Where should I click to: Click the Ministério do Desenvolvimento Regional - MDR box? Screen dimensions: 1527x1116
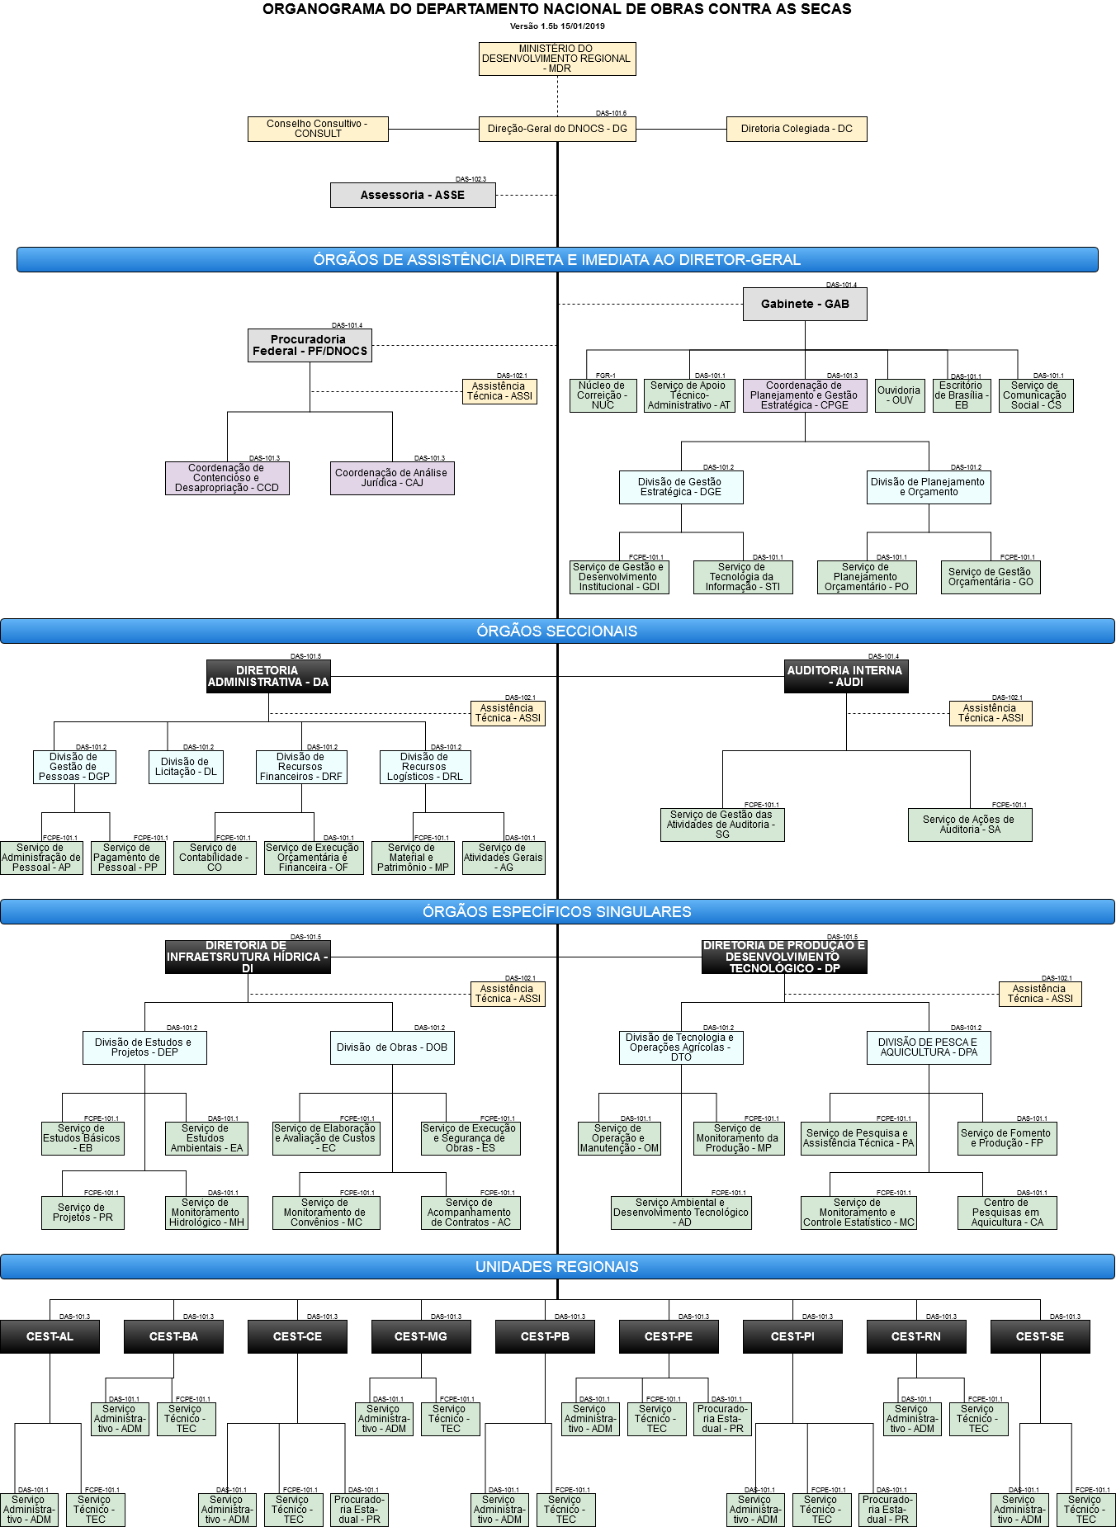557,59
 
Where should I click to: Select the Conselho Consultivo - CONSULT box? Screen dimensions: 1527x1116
318,129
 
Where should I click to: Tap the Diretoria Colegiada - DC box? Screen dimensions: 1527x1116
797,129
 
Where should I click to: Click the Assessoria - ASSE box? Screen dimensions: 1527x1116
413,196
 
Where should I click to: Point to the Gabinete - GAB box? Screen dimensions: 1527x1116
805,304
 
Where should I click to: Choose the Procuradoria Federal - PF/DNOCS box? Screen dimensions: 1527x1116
310,345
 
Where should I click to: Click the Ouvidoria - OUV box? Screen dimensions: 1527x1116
899,395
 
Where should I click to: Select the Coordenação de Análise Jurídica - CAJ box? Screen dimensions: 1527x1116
392,478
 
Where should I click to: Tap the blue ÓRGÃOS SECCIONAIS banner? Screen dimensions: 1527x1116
557,631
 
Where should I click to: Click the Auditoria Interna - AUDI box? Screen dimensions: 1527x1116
846,676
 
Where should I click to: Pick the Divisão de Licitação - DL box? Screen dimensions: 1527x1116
187,767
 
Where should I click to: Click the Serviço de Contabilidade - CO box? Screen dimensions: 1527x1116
215,858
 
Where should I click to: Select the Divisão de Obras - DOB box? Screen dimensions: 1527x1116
392,1047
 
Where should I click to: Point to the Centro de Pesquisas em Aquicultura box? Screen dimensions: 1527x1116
1007,1213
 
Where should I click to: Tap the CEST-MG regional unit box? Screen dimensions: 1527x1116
421,1336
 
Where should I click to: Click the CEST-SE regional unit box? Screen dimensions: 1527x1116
1040,1336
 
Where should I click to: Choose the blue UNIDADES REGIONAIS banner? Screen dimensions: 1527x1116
557,1267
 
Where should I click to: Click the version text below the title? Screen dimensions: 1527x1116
557,26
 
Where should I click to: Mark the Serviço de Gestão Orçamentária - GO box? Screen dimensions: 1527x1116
991,577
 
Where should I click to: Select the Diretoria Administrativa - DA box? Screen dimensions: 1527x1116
268,676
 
